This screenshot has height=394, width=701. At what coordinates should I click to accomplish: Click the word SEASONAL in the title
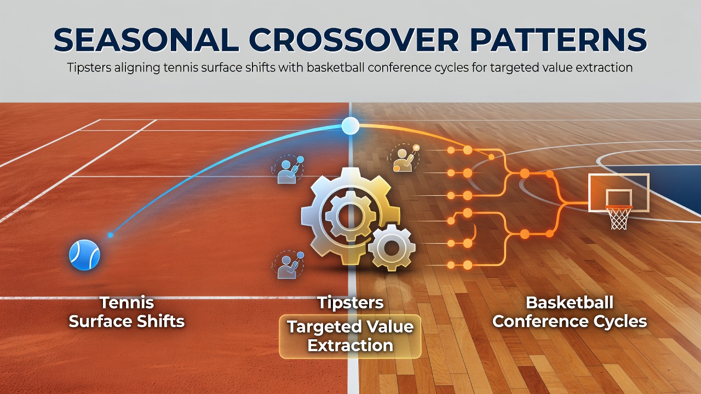[146, 40]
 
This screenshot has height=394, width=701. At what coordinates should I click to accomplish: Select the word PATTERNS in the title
[559, 40]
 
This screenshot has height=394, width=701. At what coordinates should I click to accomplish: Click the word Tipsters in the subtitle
[89, 67]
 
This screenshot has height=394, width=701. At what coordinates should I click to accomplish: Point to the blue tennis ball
[84, 255]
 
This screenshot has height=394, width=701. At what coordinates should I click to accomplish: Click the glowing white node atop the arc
[350, 126]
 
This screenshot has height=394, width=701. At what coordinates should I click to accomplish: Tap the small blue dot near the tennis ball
[110, 235]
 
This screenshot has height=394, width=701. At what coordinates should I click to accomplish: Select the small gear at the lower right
[392, 248]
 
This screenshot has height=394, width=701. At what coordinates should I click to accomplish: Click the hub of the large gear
[350, 215]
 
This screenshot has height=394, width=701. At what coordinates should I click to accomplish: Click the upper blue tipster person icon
[288, 170]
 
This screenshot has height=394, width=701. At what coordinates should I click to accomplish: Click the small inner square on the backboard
[619, 198]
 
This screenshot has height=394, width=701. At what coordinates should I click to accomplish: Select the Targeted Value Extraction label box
[350, 336]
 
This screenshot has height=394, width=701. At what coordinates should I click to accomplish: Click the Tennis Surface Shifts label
[127, 312]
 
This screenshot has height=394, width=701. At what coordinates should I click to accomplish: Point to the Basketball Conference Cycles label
[570, 312]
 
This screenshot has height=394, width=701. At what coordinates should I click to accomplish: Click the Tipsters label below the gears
[350, 303]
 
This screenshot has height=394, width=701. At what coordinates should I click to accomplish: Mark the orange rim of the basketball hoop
[619, 207]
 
